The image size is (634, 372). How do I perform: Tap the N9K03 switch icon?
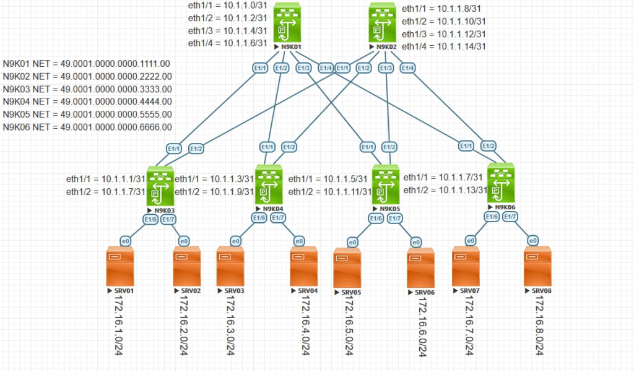(x=161, y=186)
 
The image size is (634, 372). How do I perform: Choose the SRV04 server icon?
(x=305, y=266)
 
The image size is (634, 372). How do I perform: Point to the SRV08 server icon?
(x=537, y=265)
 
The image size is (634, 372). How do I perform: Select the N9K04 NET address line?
(x=87, y=102)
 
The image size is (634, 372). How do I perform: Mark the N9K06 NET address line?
(x=87, y=128)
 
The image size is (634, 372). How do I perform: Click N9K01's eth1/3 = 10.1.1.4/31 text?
(x=228, y=30)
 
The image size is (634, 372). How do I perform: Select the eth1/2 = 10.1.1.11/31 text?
(x=330, y=191)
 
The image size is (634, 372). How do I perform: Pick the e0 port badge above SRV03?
(x=235, y=241)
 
